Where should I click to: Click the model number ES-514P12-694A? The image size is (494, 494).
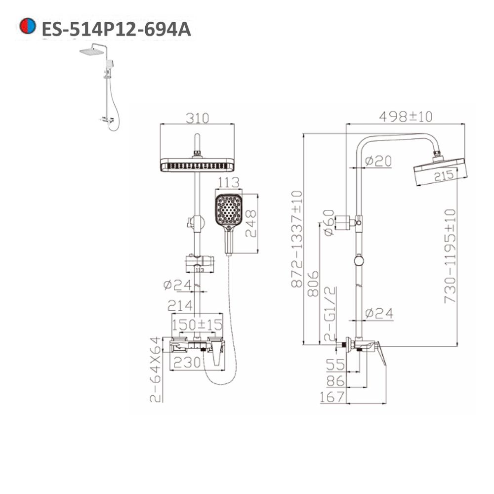(116, 29)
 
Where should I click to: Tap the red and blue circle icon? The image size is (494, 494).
(28, 27)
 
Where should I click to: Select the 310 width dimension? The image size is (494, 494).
(197, 119)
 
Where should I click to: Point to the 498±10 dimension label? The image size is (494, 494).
(405, 117)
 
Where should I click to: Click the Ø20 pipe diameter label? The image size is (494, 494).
(378, 161)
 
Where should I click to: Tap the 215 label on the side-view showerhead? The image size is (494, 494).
(443, 175)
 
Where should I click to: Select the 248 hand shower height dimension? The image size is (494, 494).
(251, 223)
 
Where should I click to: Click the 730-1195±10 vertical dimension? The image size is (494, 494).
(450, 256)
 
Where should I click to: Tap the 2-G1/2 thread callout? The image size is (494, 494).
(329, 315)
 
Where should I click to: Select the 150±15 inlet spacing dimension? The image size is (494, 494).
(197, 325)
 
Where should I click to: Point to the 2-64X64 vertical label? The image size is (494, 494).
(156, 369)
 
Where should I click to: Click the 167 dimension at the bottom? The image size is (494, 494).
(332, 397)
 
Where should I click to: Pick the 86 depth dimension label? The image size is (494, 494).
(336, 381)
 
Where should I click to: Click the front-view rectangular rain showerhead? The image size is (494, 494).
(197, 165)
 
